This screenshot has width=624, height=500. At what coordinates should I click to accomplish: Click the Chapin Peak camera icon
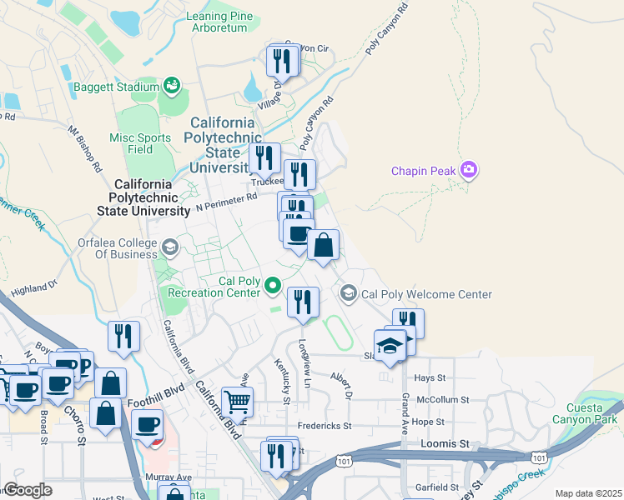tap(469, 171)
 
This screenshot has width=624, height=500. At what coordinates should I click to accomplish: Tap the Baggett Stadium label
tap(115, 87)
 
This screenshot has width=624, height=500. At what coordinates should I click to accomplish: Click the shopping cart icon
tap(238, 402)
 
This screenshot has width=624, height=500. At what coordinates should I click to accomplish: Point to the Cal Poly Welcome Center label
tap(426, 294)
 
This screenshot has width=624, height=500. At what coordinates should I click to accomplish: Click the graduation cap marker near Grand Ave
tap(390, 343)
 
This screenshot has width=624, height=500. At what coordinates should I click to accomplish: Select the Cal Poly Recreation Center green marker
tap(273, 287)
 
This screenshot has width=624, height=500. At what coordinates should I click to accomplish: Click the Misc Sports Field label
tap(141, 143)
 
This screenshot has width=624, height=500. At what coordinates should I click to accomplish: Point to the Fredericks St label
tap(324, 426)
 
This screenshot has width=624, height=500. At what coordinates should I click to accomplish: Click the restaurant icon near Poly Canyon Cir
tap(283, 61)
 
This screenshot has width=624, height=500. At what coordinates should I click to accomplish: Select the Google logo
tap(28, 490)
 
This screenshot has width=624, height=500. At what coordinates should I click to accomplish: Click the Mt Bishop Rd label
tap(85, 143)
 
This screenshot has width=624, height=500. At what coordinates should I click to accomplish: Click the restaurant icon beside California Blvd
tap(123, 336)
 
